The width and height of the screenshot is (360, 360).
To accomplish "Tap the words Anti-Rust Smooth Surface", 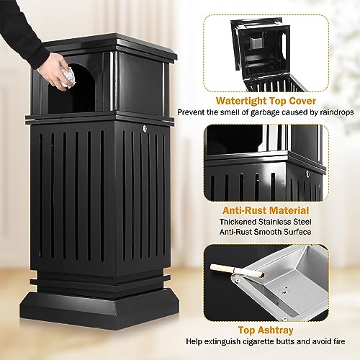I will [x=274, y=233].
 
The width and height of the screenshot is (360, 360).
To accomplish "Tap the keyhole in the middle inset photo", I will [x=307, y=174].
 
